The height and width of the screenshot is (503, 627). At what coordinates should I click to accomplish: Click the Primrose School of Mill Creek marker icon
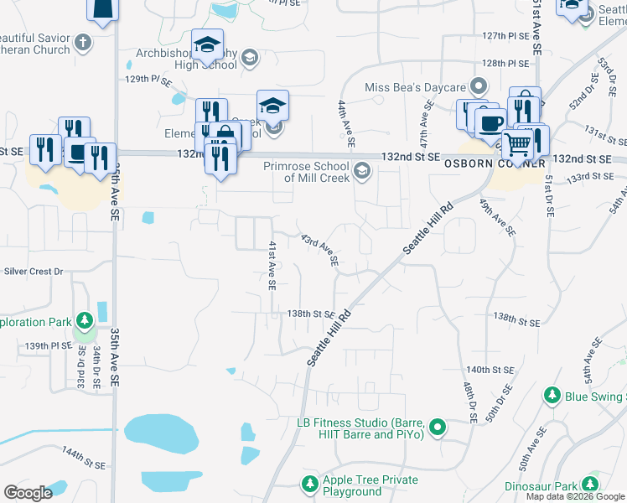tap(361, 171)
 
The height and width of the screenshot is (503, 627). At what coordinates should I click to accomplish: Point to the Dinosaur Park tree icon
tap(590, 485)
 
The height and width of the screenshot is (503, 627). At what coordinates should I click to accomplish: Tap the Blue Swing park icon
tap(552, 395)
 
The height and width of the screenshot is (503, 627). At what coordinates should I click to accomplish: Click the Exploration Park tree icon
tap(84, 321)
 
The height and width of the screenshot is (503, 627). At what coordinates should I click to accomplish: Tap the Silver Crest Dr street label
tap(34, 272)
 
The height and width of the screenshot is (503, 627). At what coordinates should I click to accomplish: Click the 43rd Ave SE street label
tap(320, 250)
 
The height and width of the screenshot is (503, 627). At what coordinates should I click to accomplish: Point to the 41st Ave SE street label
tap(272, 264)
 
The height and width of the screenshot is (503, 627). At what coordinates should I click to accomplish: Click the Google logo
tap(28, 493)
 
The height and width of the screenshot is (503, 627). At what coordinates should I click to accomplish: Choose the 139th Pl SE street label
tap(49, 345)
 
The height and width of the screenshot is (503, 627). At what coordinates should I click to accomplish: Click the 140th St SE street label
tap(490, 369)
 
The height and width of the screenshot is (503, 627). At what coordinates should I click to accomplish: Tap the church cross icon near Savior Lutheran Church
tap(83, 41)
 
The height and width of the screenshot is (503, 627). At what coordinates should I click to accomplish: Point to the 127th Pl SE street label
tap(505, 37)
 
